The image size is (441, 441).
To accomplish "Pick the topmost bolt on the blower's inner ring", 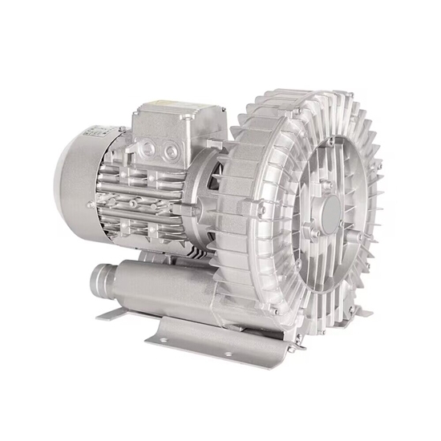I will coord(328,143).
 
